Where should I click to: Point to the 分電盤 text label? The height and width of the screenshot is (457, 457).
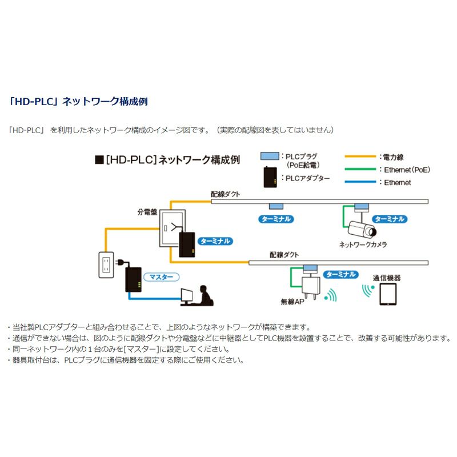pyautogui.click(x=147, y=211)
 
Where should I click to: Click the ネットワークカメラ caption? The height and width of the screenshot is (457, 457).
pyautogui.click(x=363, y=244)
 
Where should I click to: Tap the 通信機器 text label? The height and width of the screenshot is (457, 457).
pyautogui.click(x=387, y=278)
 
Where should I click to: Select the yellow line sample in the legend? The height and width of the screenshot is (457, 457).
pyautogui.click(x=360, y=157)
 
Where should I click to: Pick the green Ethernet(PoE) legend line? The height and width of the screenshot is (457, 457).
pyautogui.click(x=360, y=170)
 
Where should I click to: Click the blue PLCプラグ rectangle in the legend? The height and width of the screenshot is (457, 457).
pyautogui.click(x=271, y=156)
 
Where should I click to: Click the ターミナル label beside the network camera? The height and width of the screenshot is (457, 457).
pyautogui.click(x=390, y=219)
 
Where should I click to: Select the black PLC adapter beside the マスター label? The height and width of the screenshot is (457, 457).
pyautogui.click(x=134, y=280)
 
